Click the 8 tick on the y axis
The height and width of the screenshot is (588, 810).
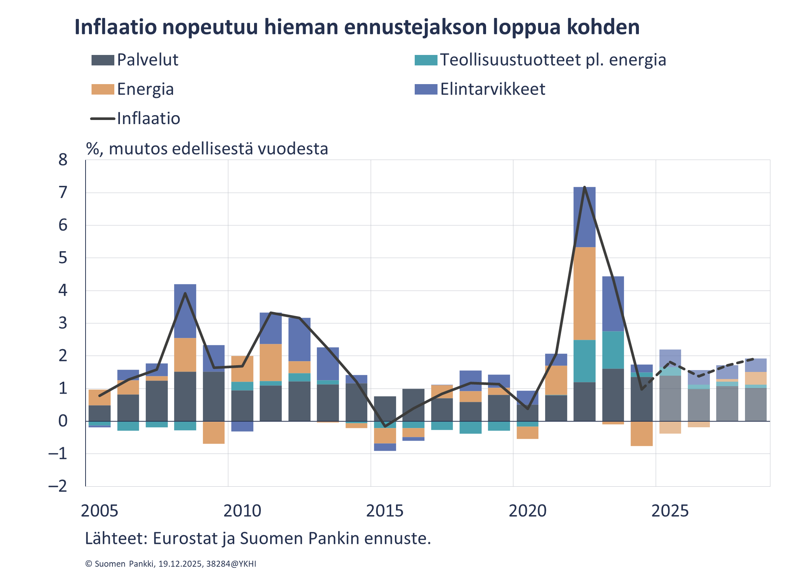pyautogui.click(x=63, y=160)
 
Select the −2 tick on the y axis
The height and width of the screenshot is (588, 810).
pyautogui.click(x=58, y=486)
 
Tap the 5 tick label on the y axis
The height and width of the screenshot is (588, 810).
pyautogui.click(x=63, y=258)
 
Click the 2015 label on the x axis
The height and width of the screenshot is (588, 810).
pyautogui.click(x=385, y=511)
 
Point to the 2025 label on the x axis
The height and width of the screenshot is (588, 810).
pyautogui.click(x=670, y=511)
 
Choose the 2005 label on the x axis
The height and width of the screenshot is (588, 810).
pyautogui.click(x=99, y=511)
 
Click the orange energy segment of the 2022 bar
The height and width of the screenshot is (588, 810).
pyautogui.click(x=585, y=293)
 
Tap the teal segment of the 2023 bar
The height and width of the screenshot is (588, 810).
pyautogui.click(x=613, y=350)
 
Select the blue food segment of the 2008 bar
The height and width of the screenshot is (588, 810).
pyautogui.click(x=185, y=311)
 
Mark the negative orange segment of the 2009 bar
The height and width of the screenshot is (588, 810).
pyautogui.click(x=214, y=433)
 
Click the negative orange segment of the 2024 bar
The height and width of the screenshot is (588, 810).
pyautogui.click(x=641, y=434)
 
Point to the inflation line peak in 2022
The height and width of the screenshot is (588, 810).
pyautogui.click(x=585, y=187)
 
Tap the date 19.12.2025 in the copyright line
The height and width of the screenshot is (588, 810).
pyautogui.click(x=180, y=564)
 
